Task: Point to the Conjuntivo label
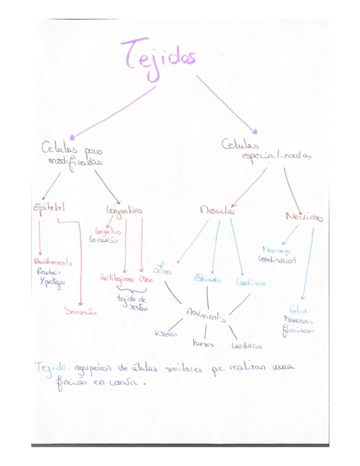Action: tap(124, 210)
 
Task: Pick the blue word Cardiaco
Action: tap(251, 282)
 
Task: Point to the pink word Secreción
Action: tap(81, 312)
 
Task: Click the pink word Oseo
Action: tap(146, 279)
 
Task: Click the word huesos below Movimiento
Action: tap(203, 344)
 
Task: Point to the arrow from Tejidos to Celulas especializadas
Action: tap(227, 104)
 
